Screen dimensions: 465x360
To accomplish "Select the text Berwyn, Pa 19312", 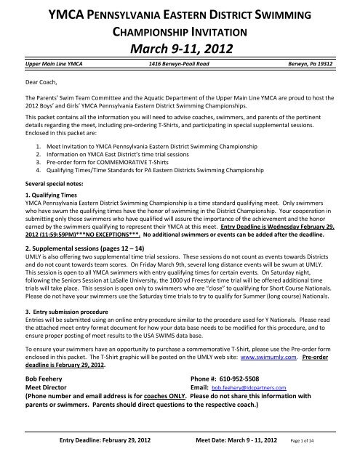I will coord(319,64).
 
